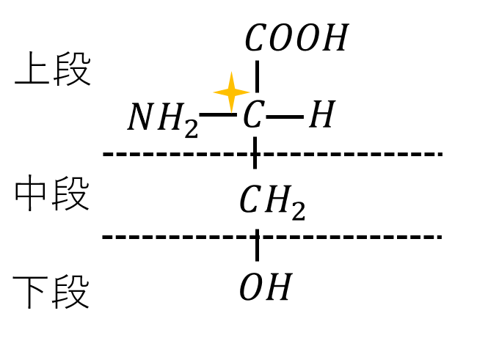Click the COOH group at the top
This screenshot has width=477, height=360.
(x=296, y=39)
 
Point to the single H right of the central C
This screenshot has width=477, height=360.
(x=321, y=116)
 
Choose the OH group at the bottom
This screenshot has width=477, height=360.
(x=266, y=287)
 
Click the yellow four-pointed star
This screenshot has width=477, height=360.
(x=231, y=92)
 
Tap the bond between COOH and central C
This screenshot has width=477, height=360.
(x=257, y=76)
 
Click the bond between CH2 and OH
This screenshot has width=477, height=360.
(x=257, y=248)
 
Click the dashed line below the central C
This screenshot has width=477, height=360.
(x=352, y=154)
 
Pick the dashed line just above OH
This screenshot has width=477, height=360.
(x=352, y=237)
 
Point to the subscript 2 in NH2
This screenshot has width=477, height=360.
(x=190, y=128)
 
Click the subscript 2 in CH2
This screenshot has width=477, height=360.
(x=297, y=211)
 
